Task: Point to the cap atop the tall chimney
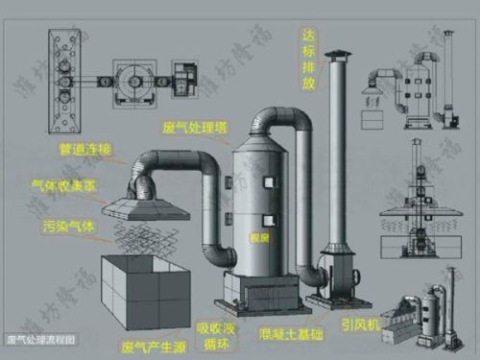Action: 336,56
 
